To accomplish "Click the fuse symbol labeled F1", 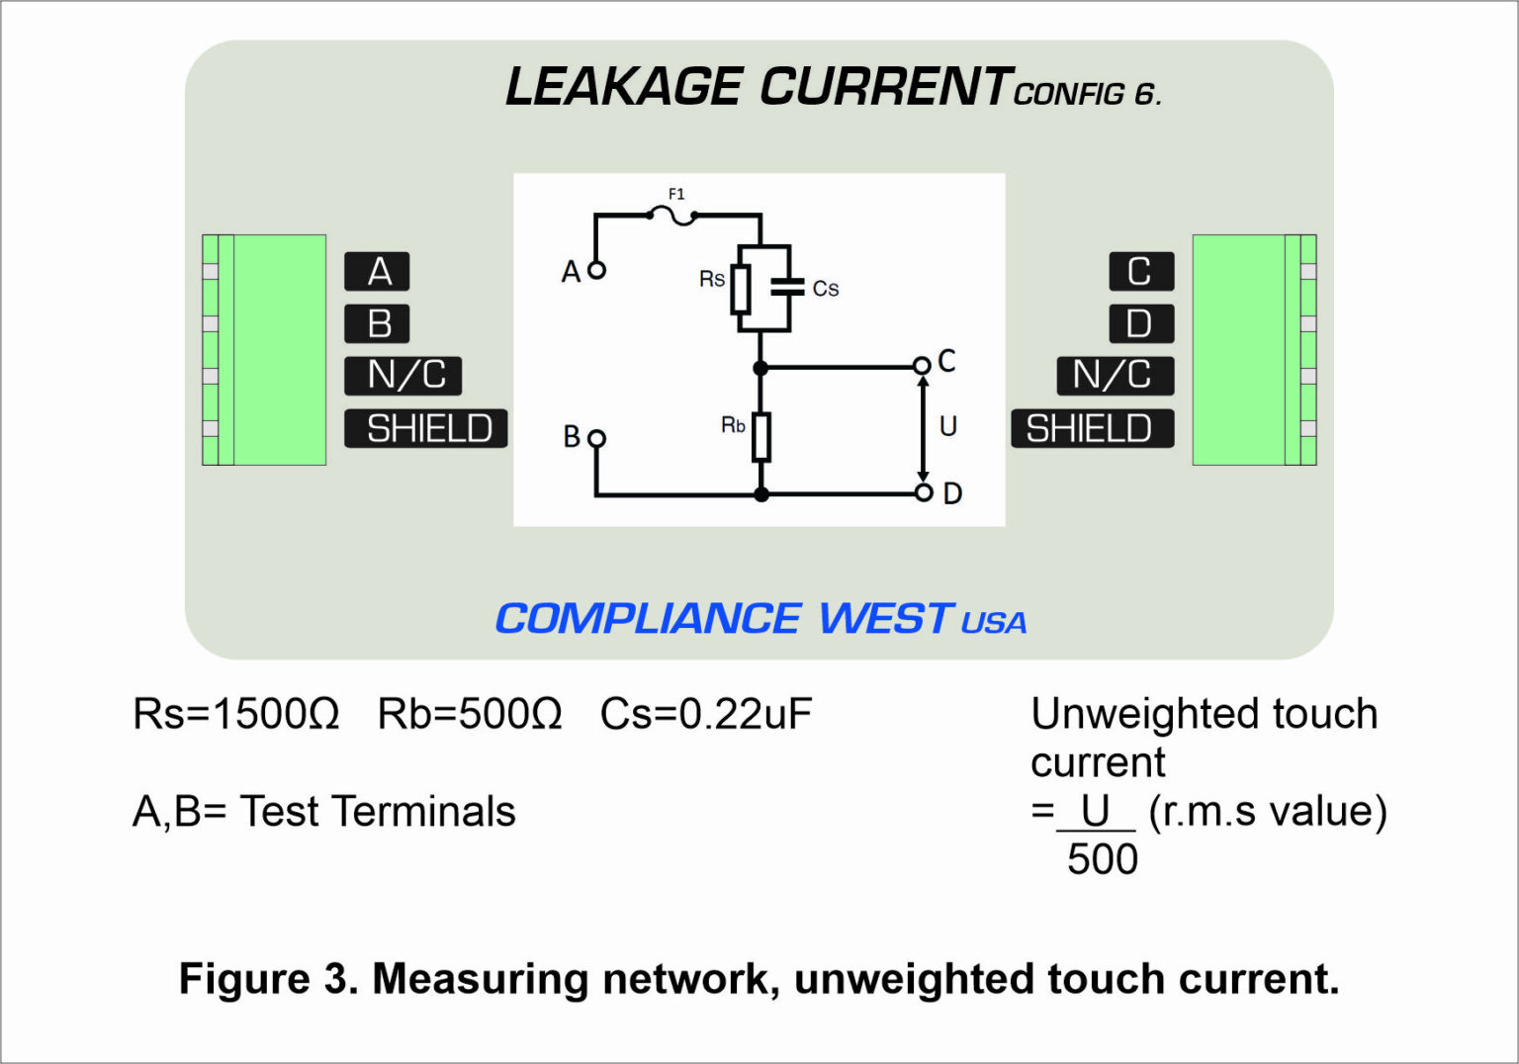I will point(675,215).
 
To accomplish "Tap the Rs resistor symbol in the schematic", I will point(741,289).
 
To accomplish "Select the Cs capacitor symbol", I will point(788,288).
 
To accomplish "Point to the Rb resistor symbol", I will point(760,437).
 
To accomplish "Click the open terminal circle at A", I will point(596,269).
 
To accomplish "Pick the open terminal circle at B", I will point(596,437).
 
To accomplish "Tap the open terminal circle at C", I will point(922,366).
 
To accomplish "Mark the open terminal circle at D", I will point(923,491).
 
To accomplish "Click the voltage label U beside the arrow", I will point(947,426).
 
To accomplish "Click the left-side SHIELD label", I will point(426,428).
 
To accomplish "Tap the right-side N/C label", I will point(1115,376).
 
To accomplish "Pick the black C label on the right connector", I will point(1140,272).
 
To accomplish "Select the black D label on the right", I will point(1140,324).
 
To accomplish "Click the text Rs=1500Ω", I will point(235,714).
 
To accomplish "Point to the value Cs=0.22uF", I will point(705,714).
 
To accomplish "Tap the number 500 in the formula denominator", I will point(1102,859).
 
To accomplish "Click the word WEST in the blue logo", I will point(884,619).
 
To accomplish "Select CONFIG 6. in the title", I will point(1087,94).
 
